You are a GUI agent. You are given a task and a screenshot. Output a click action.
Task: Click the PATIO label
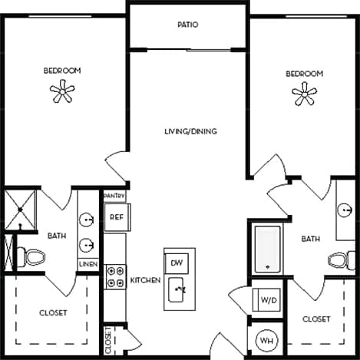coord(188,25)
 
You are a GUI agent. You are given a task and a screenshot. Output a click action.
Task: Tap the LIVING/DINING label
coord(190,131)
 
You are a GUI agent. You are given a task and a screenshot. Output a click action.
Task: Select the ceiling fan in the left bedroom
coord(61,93)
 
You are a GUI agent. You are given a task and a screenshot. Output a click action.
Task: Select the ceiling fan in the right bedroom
coord(305,94)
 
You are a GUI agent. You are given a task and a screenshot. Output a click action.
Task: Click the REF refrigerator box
coord(116,217)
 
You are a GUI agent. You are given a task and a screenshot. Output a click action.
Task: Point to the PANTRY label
coord(114,197)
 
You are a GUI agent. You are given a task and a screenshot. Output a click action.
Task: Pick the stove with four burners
coord(115,276)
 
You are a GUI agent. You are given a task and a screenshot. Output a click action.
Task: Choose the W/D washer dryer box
coord(269,299)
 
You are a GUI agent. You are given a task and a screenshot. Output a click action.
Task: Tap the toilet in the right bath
coord(338,259)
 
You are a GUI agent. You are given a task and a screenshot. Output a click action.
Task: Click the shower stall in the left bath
coord(21,209)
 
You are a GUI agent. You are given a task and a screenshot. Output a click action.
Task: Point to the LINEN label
coord(88,265)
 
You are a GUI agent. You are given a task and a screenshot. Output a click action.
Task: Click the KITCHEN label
coord(145,280)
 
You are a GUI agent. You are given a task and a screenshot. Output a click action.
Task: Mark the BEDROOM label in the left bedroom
coord(61,71)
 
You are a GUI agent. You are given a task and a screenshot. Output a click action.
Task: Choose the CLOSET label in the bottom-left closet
coord(53,312)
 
